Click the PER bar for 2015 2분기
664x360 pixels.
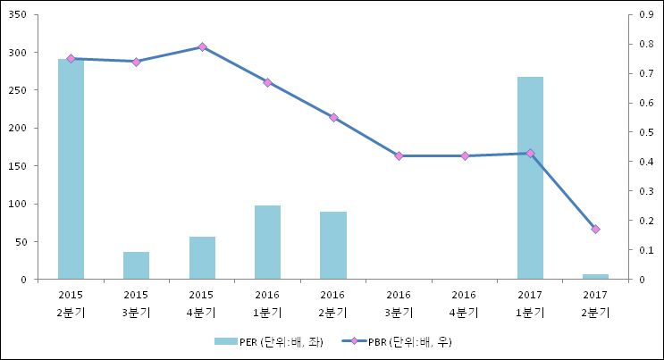(71, 170)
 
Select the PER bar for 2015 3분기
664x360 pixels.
(136, 265)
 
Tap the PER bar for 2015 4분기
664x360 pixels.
(202, 257)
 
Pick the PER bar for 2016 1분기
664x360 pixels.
(267, 242)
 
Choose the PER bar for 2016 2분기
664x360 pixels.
(333, 246)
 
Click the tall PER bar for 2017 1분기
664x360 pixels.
(530, 179)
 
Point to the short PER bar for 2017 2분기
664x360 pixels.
(595, 277)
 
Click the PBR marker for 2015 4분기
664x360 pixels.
(202, 46)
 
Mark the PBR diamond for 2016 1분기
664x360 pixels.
(267, 82)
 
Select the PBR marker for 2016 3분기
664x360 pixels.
(399, 155)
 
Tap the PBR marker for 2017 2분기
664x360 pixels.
(595, 230)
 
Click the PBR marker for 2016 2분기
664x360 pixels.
(333, 117)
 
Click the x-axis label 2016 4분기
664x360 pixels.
(464, 304)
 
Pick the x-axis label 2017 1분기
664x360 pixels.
(530, 304)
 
